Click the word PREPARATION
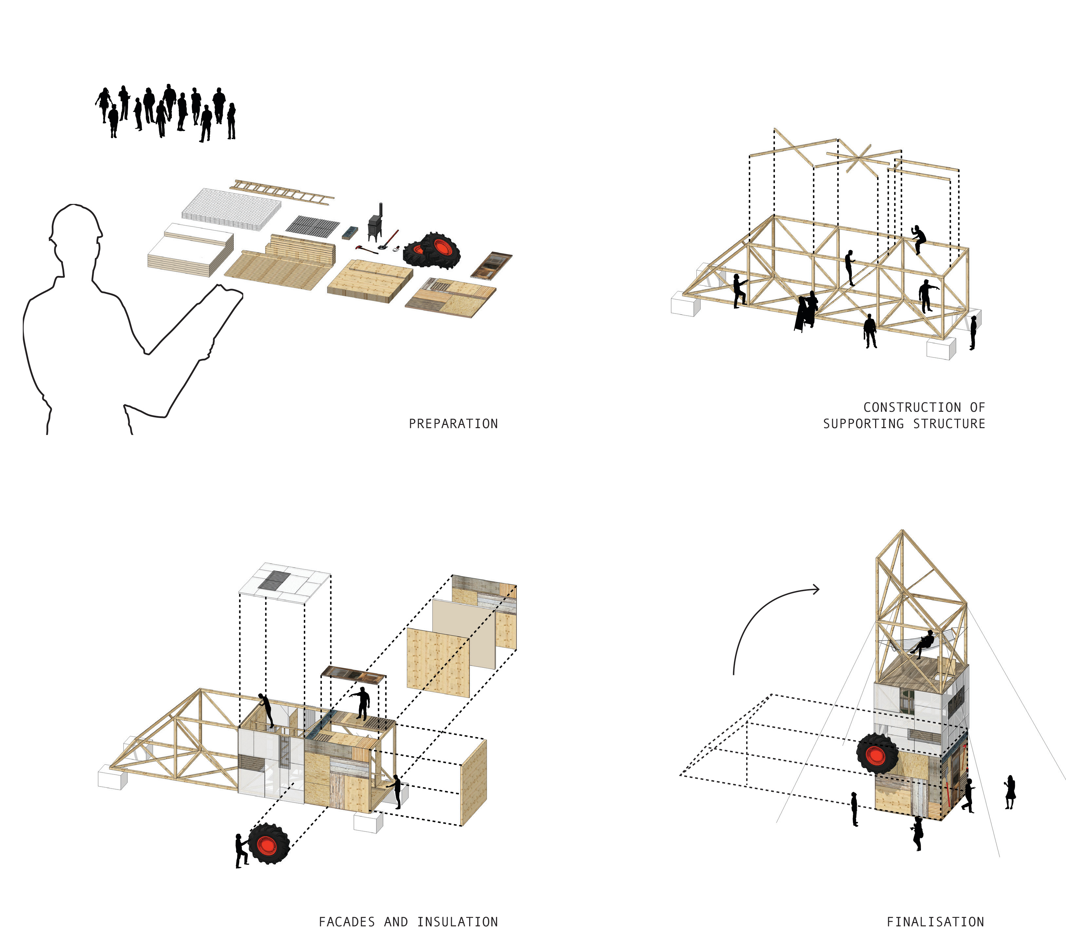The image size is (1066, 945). tap(453, 424)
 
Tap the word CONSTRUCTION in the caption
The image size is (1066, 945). tap(911, 407)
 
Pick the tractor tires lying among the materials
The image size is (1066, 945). tap(433, 251)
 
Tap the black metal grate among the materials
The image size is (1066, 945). tap(312, 226)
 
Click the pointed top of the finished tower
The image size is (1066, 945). tap(903, 533)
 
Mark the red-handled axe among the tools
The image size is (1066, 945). tap(367, 250)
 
